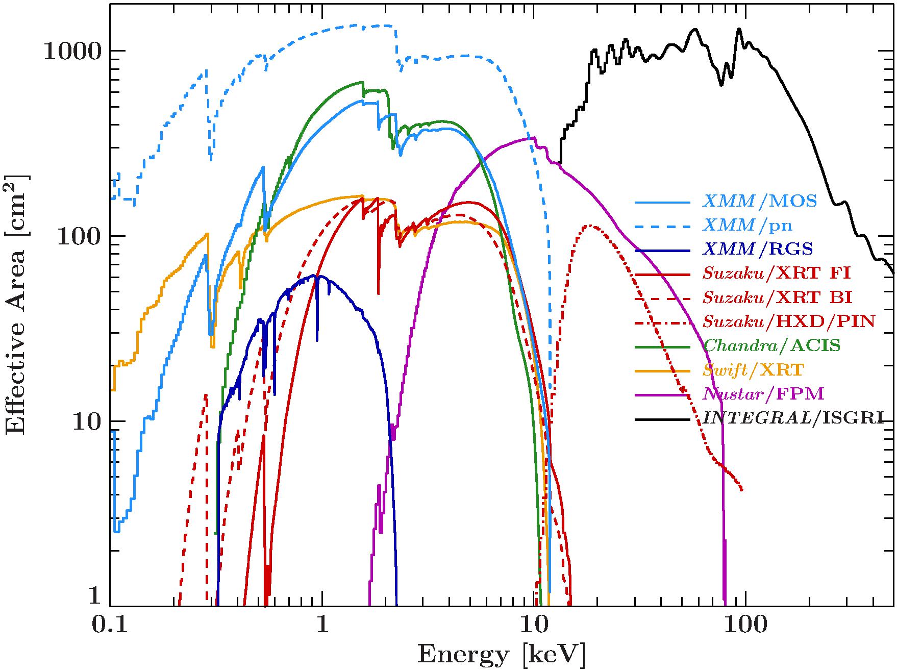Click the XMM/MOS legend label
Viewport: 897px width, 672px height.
point(760,201)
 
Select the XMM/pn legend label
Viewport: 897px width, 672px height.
point(748,225)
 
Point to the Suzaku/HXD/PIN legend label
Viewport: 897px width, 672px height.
point(789,321)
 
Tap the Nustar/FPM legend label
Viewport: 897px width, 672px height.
point(763,393)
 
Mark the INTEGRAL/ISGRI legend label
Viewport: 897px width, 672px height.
point(793,418)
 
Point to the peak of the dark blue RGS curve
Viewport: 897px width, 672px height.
point(317,276)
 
